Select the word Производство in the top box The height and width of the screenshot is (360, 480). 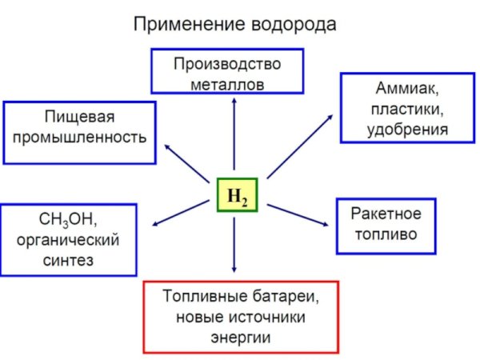coord(227,63)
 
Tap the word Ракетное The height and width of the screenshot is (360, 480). coord(386,214)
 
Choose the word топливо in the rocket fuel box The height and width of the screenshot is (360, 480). coord(386,235)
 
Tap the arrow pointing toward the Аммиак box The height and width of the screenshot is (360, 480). coord(300,145)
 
